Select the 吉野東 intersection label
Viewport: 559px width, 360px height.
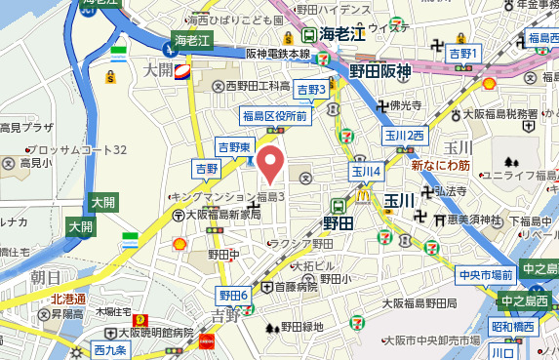(236, 147)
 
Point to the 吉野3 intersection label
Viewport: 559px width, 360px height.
(311, 90)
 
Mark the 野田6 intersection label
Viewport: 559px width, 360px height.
(233, 295)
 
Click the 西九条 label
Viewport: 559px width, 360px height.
(111, 348)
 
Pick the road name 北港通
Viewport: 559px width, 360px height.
(68, 299)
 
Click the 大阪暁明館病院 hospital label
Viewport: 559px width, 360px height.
(180, 332)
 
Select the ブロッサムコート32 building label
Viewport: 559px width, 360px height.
(78, 150)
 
